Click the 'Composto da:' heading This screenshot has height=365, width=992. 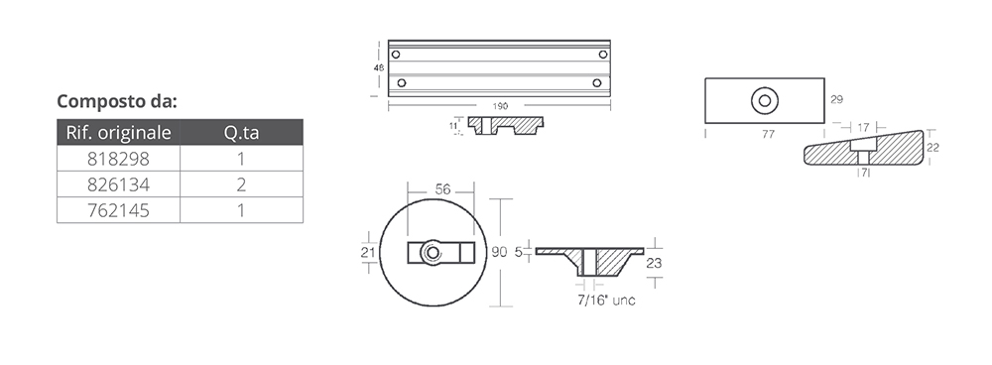(x=117, y=101)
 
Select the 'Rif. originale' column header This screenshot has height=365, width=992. (x=118, y=132)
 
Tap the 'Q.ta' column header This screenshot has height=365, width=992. (x=241, y=132)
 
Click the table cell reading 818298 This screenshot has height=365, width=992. (x=118, y=158)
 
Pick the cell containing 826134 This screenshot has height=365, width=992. (x=118, y=184)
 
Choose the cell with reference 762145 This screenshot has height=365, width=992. (x=118, y=210)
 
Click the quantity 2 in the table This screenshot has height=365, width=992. (x=241, y=184)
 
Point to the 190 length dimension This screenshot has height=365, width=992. (x=500, y=106)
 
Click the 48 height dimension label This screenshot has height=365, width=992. (x=379, y=67)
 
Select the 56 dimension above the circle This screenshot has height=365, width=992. (x=442, y=189)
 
